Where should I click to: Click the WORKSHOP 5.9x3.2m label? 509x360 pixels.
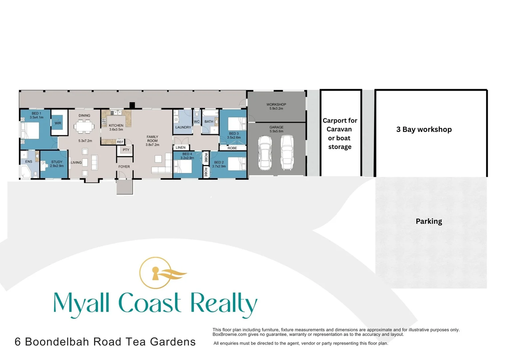(276, 106)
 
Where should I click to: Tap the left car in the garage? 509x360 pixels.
(265, 153)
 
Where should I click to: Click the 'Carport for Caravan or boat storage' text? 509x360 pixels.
(340, 134)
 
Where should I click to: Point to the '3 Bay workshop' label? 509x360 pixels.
(424, 129)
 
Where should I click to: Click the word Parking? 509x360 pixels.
(429, 221)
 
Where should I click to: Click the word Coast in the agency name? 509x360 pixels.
(150, 303)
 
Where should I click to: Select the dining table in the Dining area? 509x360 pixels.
(84, 126)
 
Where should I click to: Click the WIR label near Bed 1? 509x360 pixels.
(58, 123)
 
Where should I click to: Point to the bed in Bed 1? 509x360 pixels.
(30, 130)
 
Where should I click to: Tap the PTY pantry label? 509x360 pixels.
(126, 150)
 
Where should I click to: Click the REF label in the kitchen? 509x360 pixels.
(120, 142)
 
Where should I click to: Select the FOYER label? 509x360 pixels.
(124, 167)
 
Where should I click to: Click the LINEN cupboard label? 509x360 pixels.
(181, 147)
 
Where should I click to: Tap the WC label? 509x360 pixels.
(197, 122)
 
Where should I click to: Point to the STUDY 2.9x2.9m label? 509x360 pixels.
(57, 164)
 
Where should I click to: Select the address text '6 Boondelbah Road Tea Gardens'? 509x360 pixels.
(105, 342)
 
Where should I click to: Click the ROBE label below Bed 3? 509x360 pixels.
(232, 148)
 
